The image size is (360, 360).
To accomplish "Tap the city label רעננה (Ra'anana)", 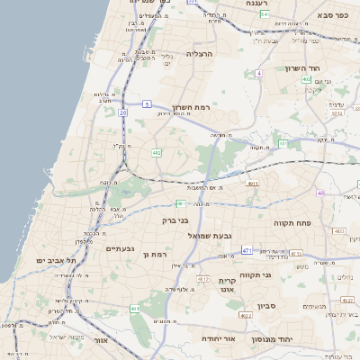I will [x=264, y=4].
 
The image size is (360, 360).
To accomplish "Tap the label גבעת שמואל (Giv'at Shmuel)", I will [x=211, y=235].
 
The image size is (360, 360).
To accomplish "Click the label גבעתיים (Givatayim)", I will [x=120, y=248].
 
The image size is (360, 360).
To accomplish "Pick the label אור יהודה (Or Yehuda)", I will [x=217, y=338].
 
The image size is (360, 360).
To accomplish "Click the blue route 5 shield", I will [x=146, y=104].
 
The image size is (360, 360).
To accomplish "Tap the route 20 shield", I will [x=122, y=113].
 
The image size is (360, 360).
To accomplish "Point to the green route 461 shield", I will [x=135, y=309].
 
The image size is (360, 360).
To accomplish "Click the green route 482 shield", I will [x=157, y=153].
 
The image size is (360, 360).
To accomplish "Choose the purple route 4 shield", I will [x=258, y=73].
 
